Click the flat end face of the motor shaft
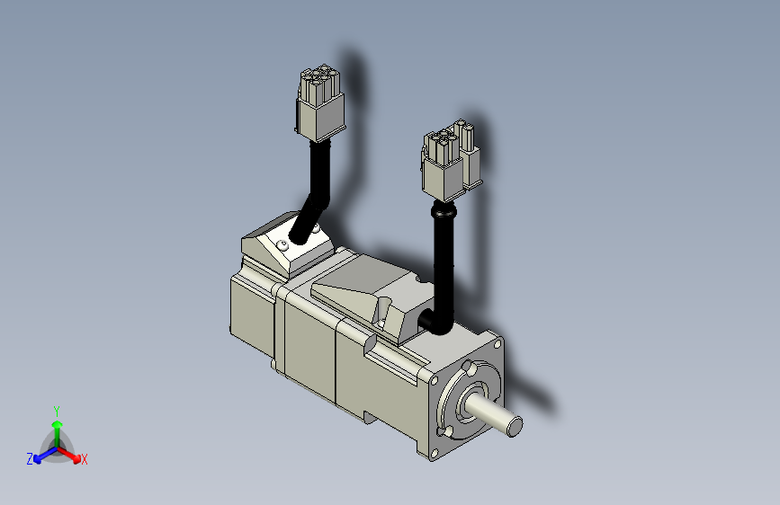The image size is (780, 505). pos(515,427)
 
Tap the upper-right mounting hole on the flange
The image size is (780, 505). pos(497,343)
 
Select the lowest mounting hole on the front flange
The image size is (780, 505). pos(435,453)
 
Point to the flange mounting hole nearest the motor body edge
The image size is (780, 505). pos(434,381)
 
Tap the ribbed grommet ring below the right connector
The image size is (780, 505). pos(444,211)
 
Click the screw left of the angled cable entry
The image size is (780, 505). pos(284,244)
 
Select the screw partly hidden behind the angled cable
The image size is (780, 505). pos(316,227)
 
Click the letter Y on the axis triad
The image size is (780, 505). pos(57,411)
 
